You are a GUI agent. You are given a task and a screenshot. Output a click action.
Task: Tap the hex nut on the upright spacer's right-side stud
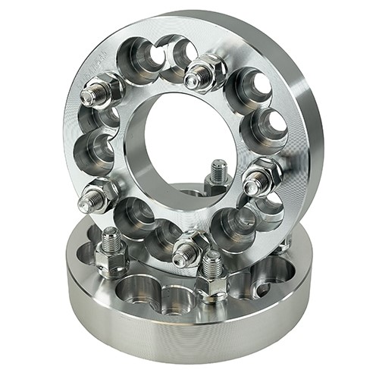pos(265,176)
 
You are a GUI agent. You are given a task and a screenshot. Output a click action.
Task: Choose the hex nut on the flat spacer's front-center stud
pos(211,285)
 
